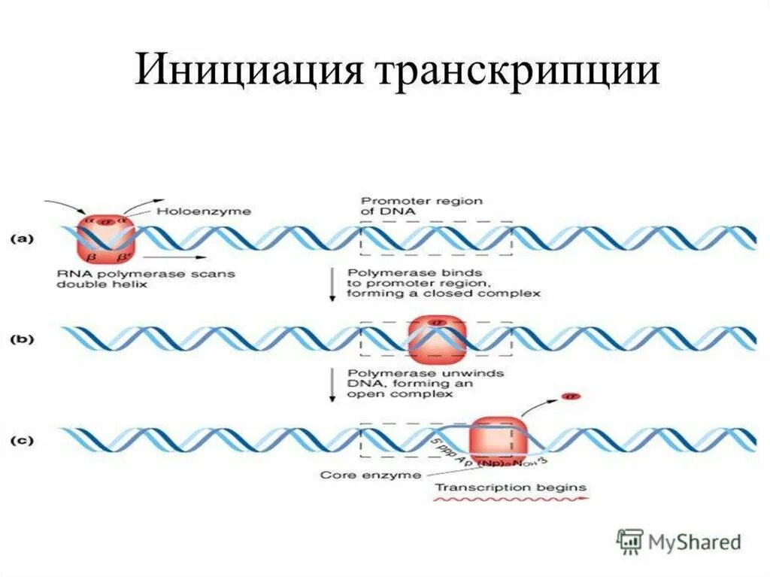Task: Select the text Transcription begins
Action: point(511,487)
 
